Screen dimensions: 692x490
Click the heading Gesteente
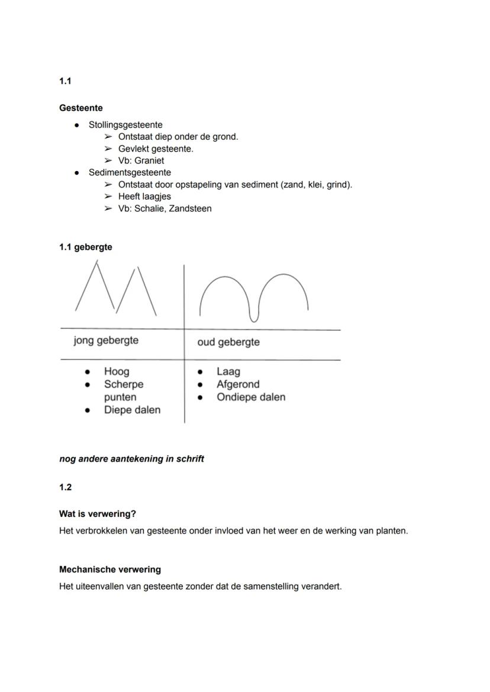(x=80, y=108)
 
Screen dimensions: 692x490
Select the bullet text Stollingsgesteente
(x=125, y=125)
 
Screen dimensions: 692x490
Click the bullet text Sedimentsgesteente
(x=130, y=172)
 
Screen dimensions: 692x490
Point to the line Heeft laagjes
(x=144, y=196)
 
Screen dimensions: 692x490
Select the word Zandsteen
(x=190, y=208)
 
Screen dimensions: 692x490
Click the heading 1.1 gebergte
(x=85, y=247)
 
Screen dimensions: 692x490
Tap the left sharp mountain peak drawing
(x=95, y=287)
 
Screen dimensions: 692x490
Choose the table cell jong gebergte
(x=106, y=340)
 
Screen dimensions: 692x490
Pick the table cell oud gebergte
(x=228, y=342)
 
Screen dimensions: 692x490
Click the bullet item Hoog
(x=117, y=371)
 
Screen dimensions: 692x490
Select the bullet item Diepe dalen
(x=132, y=410)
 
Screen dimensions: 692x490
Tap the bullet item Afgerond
(x=238, y=384)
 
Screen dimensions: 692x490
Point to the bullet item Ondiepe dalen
(x=251, y=397)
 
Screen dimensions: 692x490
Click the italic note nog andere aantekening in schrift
(x=131, y=459)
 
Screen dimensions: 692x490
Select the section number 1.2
(x=65, y=487)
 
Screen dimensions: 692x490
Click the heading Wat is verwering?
(x=98, y=514)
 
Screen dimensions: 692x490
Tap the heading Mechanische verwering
(x=109, y=569)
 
